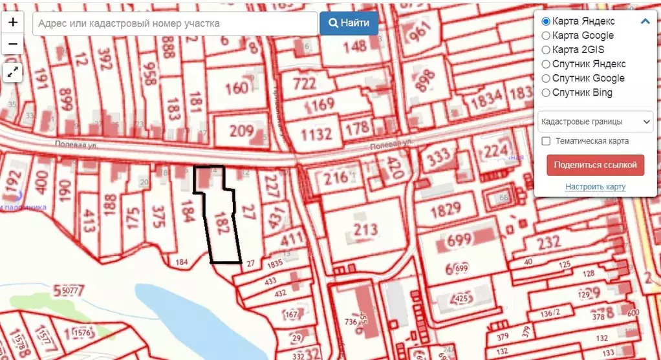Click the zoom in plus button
pyautogui.click(x=13, y=22)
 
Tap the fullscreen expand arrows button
pyautogui.click(x=13, y=72)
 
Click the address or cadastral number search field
pyautogui.click(x=175, y=23)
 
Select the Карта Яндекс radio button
pyautogui.click(x=546, y=21)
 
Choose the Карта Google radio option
pyautogui.click(x=546, y=36)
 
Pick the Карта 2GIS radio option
pyautogui.click(x=546, y=50)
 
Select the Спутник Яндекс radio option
pyautogui.click(x=546, y=64)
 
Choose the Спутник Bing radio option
pyautogui.click(x=546, y=92)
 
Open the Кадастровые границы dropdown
pyautogui.click(x=596, y=121)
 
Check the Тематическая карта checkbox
pyautogui.click(x=546, y=141)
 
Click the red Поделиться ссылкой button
pyautogui.click(x=596, y=164)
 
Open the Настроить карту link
pyautogui.click(x=596, y=187)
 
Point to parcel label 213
pyautogui.click(x=365, y=231)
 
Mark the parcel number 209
pyautogui.click(x=242, y=131)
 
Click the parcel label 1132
pyautogui.click(x=316, y=134)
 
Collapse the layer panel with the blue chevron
pyautogui.click(x=645, y=21)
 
